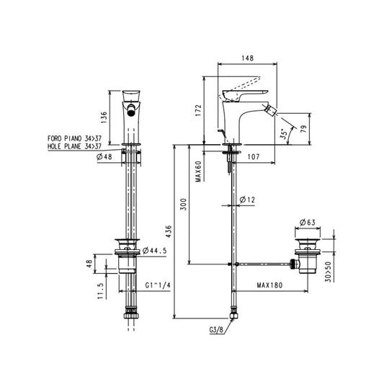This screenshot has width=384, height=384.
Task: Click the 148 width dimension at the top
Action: (x=248, y=58)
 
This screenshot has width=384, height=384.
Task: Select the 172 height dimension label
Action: (x=198, y=110)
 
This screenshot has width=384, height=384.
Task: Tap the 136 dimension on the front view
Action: (x=104, y=117)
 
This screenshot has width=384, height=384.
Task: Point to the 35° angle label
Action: (x=284, y=134)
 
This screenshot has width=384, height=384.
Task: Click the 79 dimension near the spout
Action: (x=303, y=129)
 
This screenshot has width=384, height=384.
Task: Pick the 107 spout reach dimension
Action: (x=254, y=157)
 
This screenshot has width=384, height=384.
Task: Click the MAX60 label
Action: (x=198, y=171)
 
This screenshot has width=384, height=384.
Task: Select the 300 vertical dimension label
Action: (x=183, y=204)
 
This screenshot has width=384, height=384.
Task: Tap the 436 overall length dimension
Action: (x=169, y=232)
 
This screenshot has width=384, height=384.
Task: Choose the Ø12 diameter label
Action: (x=247, y=200)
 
